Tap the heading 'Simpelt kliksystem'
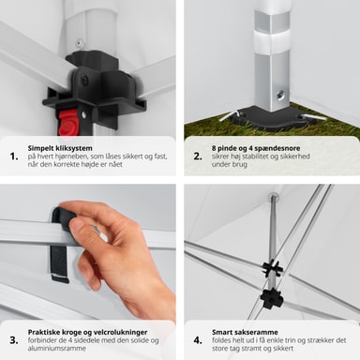point(60,148)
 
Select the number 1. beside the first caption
point(14,157)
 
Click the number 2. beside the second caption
point(198,157)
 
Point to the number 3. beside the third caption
point(14,340)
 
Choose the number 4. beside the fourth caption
point(198,340)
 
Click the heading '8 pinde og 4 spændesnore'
point(256,148)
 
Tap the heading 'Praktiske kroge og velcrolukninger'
point(87,332)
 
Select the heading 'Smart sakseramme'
point(245,332)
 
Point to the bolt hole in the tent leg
point(279,95)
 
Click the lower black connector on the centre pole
point(272,298)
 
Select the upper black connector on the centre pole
point(272,267)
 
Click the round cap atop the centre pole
point(274,196)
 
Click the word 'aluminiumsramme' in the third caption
point(56,348)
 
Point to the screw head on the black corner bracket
point(85,80)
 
